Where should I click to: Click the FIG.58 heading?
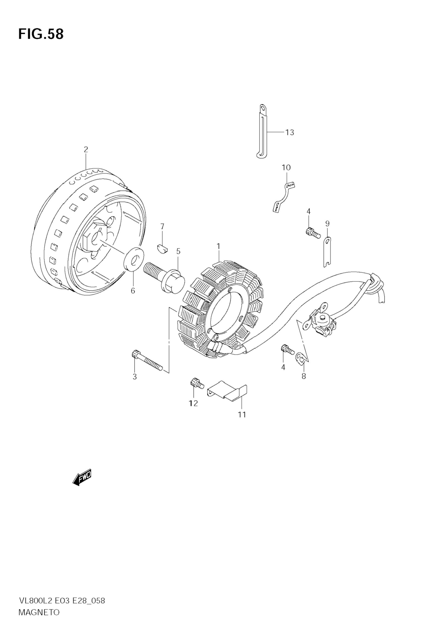(x=41, y=34)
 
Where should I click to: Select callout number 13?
(x=289, y=132)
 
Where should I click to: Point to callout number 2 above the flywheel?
(x=86, y=150)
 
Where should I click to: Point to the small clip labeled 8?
(x=300, y=358)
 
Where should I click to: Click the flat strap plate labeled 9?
(x=327, y=252)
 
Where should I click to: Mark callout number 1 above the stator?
(x=218, y=246)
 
